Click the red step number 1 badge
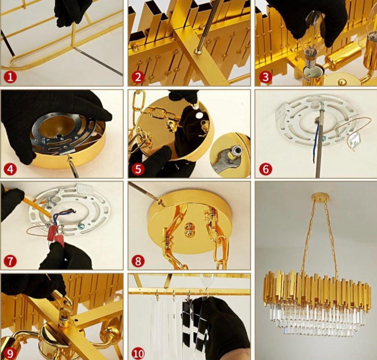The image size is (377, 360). (x=10, y=77)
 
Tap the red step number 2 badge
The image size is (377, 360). (x=138, y=77)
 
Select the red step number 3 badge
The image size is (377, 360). (x=265, y=77)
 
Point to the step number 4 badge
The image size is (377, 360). (x=10, y=169)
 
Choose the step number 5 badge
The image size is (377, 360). (x=138, y=169)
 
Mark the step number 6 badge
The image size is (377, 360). (x=265, y=169)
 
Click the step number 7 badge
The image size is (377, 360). (x=10, y=261)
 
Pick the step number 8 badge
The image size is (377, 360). (x=138, y=261)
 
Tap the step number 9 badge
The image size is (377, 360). (x=10, y=353)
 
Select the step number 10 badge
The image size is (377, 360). (x=138, y=353)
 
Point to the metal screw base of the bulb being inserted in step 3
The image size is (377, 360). (x=311, y=62)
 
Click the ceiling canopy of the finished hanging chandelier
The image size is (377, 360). (x=320, y=198)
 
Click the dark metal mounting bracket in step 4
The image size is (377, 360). (x=64, y=135)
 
